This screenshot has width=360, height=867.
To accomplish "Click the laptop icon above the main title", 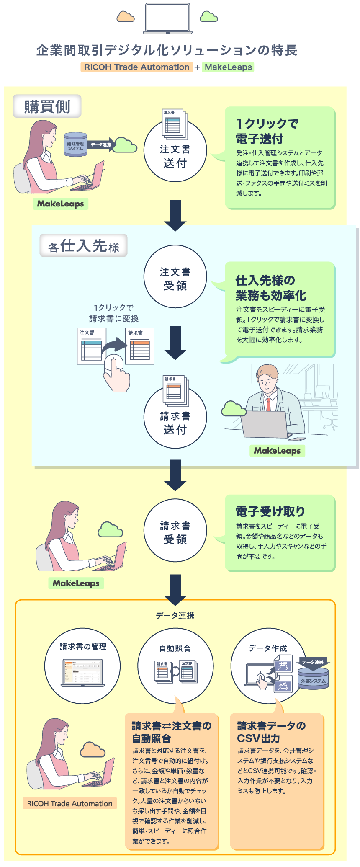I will click(167, 18).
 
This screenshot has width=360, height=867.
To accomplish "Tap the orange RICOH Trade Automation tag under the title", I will click(136, 67).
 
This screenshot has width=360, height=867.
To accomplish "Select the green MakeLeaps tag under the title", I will click(228, 67).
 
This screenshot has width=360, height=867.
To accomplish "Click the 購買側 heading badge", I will click(47, 106).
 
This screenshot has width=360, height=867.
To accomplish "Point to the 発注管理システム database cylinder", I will click(75, 145).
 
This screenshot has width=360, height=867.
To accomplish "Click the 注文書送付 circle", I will click(175, 151).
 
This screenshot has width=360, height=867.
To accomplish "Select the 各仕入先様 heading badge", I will click(83, 246).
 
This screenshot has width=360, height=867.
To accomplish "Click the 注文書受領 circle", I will click(175, 277).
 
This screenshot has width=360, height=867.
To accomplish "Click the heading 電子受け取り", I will click(270, 511).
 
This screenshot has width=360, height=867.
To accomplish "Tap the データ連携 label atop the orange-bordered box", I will click(175, 615).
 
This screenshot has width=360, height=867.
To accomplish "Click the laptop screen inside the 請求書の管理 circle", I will click(82, 671).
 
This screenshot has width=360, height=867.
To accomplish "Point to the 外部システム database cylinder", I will click(313, 678).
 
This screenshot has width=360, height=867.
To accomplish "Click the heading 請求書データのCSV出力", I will click(271, 732).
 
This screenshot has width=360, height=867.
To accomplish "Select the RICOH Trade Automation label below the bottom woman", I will click(69, 803).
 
